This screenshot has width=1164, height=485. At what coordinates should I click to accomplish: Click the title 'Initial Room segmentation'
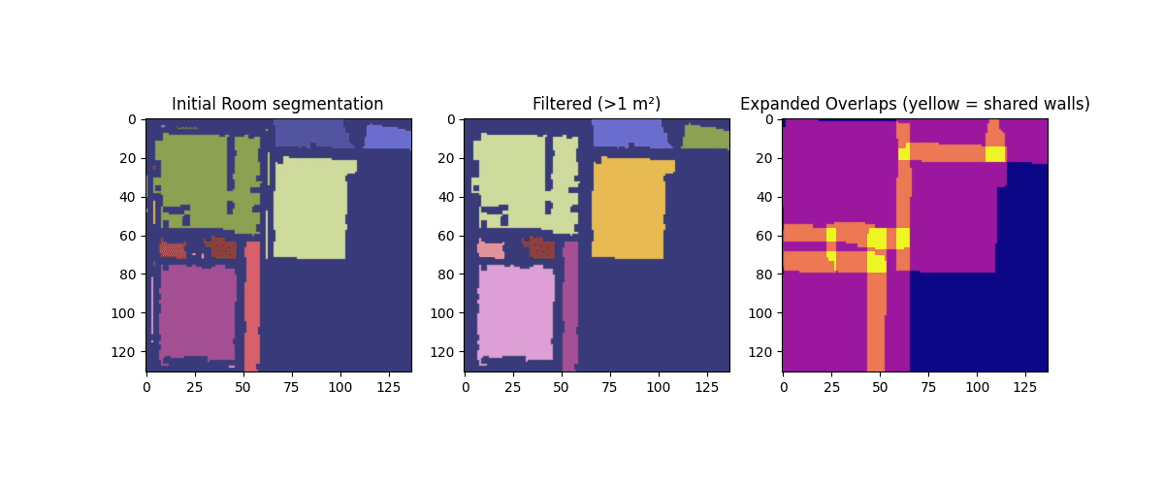point(277,104)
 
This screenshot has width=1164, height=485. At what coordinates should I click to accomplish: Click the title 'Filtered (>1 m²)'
point(596,104)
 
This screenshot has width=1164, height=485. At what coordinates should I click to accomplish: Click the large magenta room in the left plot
point(197,312)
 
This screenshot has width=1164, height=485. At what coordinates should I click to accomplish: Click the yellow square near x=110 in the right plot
point(995,153)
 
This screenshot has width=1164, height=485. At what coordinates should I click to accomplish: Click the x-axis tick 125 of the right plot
point(1024,382)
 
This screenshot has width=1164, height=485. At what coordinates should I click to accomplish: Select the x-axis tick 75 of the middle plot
point(609,382)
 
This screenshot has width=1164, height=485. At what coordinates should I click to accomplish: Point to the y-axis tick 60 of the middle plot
point(451,236)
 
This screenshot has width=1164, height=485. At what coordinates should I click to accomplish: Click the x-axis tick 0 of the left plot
point(146,382)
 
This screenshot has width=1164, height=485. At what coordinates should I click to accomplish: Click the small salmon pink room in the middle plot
point(490,249)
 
